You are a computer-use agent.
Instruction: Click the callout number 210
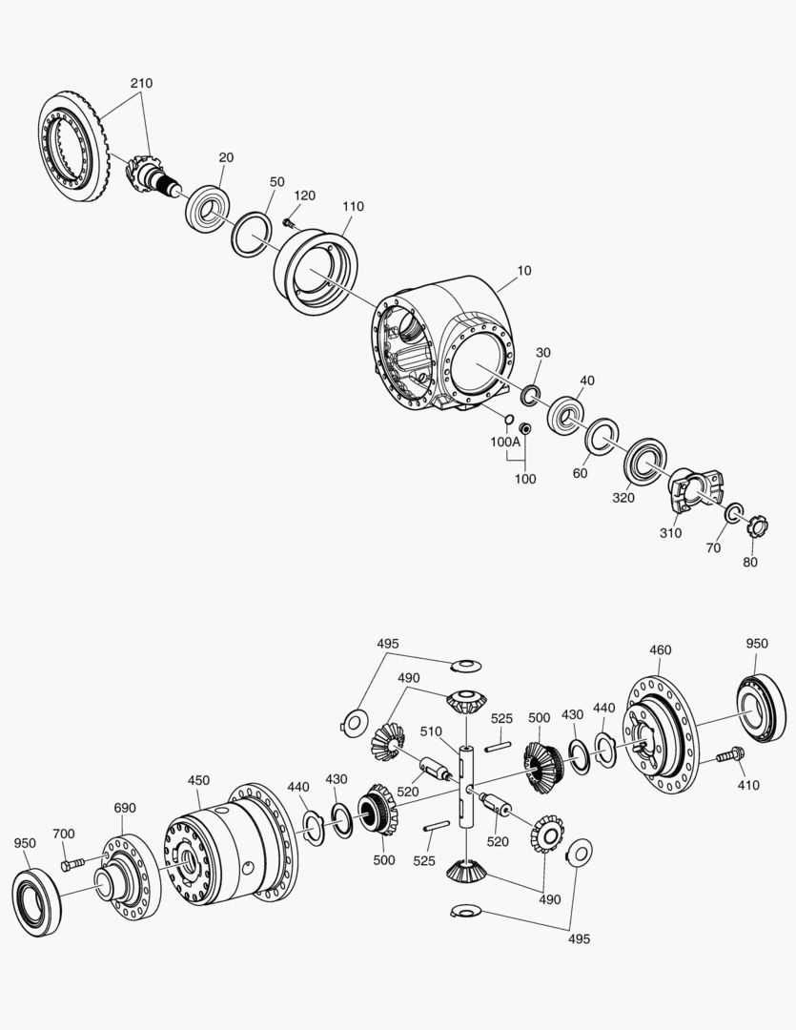click(141, 83)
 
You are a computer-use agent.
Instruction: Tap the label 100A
click(505, 442)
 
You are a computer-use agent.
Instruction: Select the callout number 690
click(125, 808)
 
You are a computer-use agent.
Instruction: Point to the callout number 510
click(432, 731)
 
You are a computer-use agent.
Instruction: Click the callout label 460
click(660, 649)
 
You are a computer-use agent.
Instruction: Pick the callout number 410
click(748, 784)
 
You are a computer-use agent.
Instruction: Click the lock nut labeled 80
click(759, 525)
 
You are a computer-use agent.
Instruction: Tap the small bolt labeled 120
click(288, 222)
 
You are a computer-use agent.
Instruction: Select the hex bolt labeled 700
click(72, 864)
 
